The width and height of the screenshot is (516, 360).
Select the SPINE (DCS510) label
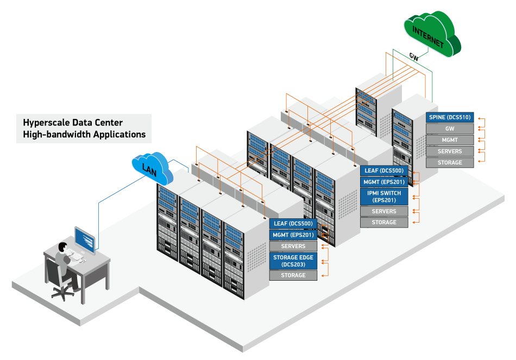pos(450,117)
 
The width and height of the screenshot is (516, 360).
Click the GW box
pos(450,129)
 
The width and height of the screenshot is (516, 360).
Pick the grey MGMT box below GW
pos(450,140)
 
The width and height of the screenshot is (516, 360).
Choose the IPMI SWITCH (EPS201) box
pos(384,197)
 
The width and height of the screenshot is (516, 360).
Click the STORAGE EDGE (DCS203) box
pos(293,261)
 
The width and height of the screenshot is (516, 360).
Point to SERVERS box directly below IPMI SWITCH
pos(384,211)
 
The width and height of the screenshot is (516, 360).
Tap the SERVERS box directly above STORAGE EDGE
pos(293,246)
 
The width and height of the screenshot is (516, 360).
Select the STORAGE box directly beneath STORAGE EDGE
pos(293,275)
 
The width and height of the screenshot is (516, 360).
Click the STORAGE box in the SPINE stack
pos(450,162)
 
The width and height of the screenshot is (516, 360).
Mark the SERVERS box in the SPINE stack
pos(450,151)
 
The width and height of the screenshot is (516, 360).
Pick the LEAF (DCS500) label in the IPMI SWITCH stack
pos(384,170)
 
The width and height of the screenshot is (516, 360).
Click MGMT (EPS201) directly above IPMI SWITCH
pos(384,182)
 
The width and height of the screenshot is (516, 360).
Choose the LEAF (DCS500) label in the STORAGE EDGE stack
pos(293,223)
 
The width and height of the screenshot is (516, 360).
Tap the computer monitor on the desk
pos(84,239)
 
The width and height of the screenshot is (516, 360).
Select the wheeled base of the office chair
pos(62,294)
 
